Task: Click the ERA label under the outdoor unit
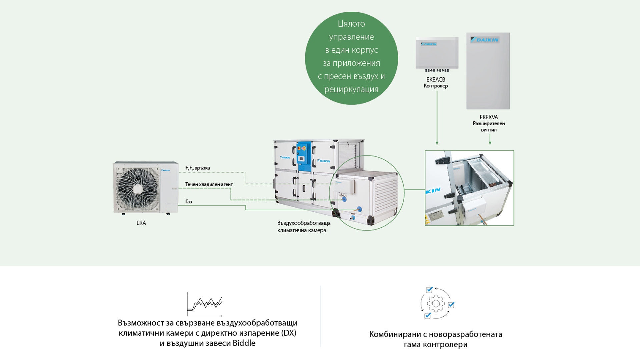coord(141,223)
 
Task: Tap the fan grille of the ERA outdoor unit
coord(136,188)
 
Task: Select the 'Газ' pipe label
coord(189,202)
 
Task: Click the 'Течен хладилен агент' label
coord(209,184)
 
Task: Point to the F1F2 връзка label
coord(198,168)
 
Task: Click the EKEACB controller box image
coord(437,53)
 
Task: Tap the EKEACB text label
coord(436,80)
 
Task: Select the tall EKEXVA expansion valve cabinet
coord(488,71)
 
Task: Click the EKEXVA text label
coord(489,117)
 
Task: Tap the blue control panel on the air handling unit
coord(304,156)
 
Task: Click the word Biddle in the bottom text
coord(244,343)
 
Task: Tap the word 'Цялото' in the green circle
coord(351,24)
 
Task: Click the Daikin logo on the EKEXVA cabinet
coord(485,40)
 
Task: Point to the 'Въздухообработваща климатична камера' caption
coord(304,227)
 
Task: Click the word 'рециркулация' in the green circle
coord(351,89)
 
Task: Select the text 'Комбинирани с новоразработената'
coord(435,334)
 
